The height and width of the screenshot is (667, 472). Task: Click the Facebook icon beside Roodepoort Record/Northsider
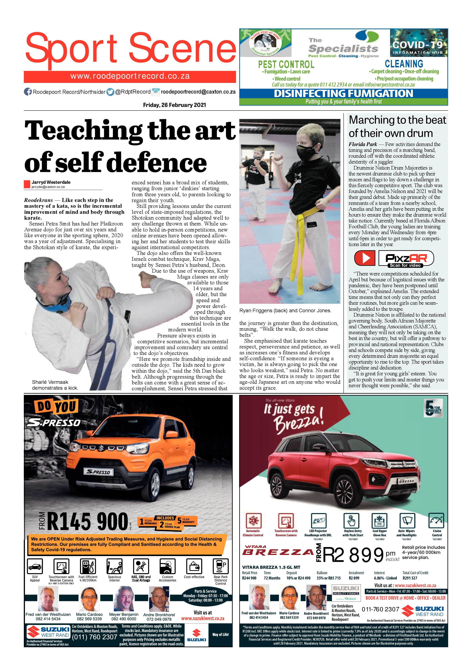[28, 92]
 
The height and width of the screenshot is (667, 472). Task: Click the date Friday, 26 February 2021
[174, 105]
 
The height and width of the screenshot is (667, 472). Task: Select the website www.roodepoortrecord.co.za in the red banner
[130, 76]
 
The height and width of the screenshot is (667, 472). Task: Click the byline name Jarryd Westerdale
[51, 182]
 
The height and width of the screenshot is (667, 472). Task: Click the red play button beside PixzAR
[364, 258]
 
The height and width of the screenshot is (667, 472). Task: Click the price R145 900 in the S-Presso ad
[87, 521]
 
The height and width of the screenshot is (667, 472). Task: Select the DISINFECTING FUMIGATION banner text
[343, 94]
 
